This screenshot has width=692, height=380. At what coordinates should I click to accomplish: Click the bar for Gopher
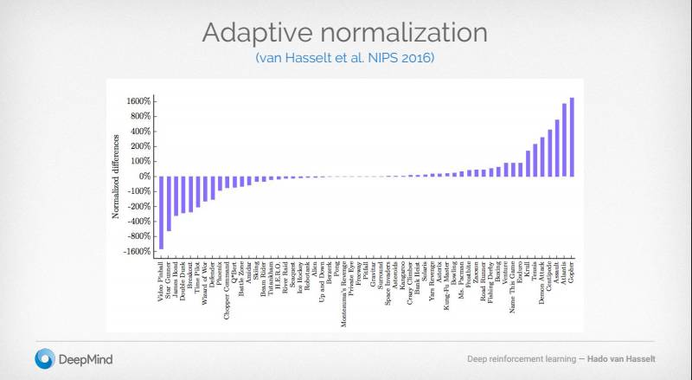[x=572, y=137]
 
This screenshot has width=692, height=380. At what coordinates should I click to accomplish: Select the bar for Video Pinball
[x=161, y=212]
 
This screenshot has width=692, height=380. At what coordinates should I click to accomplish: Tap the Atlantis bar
[x=564, y=140]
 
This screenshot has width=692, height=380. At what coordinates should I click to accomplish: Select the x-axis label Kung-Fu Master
[x=445, y=285]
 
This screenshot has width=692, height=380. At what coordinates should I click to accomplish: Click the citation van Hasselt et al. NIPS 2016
[x=345, y=58]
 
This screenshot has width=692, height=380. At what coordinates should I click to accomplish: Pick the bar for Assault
[x=556, y=148]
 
